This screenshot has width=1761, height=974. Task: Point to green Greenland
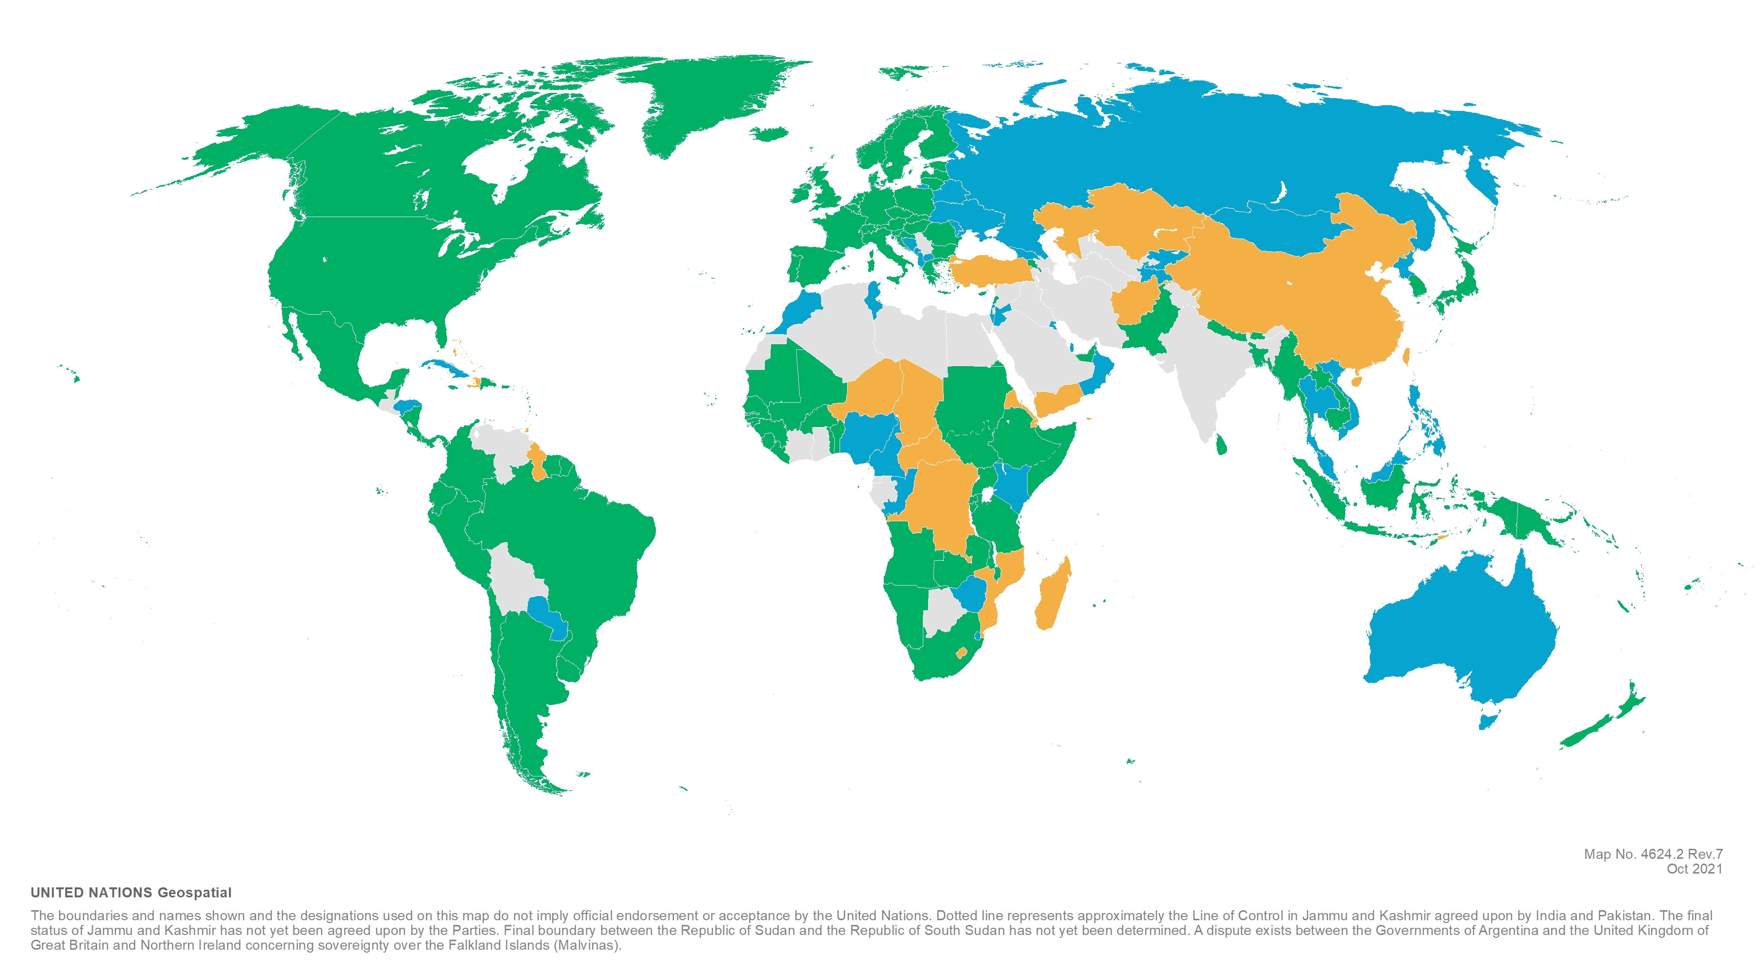coord(711,103)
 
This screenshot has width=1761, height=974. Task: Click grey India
coord(1203,369)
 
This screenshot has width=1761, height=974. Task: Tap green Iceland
coord(772,133)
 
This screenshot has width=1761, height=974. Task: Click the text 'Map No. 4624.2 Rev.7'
coord(1652,854)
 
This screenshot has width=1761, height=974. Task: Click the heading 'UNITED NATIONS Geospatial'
coord(131,893)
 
